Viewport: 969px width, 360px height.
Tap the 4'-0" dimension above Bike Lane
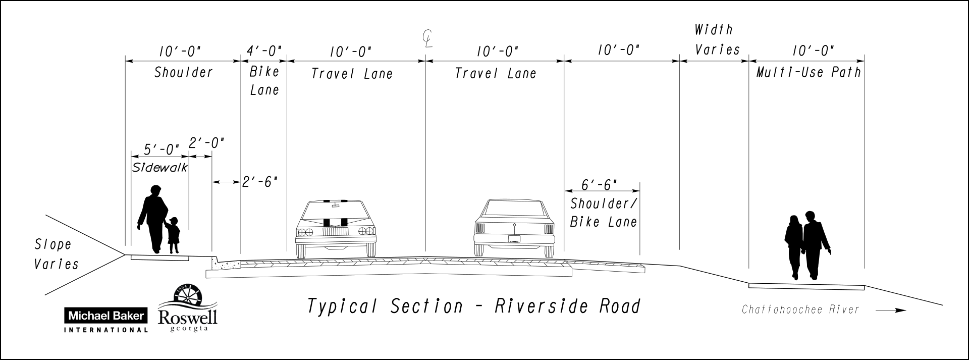(264, 51)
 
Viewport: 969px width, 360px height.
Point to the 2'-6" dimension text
(260, 182)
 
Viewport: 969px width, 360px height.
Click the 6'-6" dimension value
(600, 185)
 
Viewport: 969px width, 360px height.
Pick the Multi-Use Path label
(808, 73)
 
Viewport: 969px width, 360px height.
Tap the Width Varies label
(716, 40)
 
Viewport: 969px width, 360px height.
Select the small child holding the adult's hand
(174, 235)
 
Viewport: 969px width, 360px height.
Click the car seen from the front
(336, 229)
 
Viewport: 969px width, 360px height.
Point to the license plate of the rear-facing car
(514, 239)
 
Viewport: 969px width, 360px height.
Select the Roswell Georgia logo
(188, 308)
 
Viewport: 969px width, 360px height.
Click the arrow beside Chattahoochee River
(891, 311)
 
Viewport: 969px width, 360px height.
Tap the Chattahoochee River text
(800, 310)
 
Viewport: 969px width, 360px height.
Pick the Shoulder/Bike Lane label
(603, 213)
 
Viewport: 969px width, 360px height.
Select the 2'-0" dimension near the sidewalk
(206, 143)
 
